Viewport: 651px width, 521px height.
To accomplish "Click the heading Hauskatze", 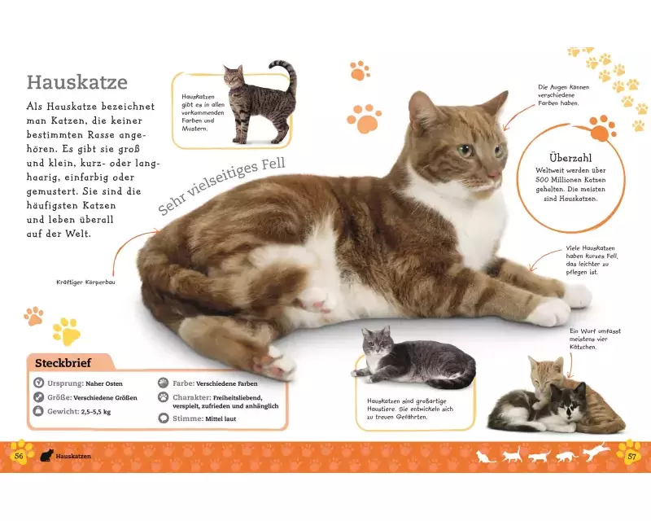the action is [x=77, y=82].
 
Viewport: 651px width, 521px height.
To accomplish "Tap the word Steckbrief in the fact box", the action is [x=63, y=363].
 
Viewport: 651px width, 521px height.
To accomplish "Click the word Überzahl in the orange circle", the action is [x=570, y=158].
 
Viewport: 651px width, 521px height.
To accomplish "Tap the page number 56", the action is [x=19, y=456].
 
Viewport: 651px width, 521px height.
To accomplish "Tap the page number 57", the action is [x=631, y=457].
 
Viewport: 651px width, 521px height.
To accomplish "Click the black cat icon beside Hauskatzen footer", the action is [x=46, y=456].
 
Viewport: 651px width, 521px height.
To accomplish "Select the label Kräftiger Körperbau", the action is [x=85, y=282].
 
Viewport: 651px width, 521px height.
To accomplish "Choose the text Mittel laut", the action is [x=221, y=418].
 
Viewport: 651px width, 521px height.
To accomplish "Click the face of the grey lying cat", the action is [x=378, y=344].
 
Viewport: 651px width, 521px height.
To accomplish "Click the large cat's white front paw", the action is [x=553, y=312].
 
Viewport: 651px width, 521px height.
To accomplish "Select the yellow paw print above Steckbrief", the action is [x=67, y=331].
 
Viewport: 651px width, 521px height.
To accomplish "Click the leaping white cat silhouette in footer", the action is [x=596, y=452].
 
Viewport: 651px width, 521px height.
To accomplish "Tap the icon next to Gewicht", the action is [x=38, y=411].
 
